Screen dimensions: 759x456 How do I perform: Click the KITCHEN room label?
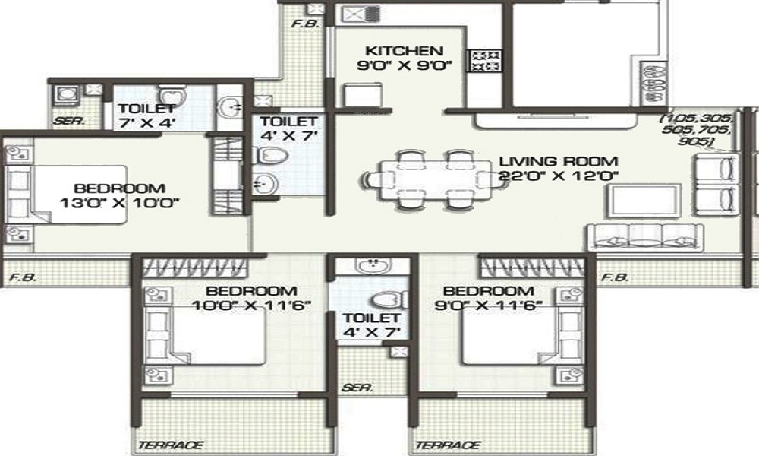pos(405,50)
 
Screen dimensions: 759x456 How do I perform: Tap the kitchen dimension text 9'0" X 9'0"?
pos(405,65)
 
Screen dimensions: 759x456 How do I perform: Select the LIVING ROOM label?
pos(559,161)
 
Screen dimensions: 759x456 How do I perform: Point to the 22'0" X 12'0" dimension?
pos(559,175)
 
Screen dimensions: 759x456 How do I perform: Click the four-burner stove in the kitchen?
pos(484,61)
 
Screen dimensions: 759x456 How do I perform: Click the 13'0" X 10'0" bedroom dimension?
pos(120,203)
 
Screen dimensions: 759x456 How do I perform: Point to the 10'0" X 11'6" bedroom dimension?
pos(251,306)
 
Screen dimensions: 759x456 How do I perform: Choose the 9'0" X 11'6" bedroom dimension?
pos(488,306)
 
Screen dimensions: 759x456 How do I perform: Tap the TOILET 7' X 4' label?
pos(147,116)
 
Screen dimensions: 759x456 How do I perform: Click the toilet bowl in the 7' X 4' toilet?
pos(173,95)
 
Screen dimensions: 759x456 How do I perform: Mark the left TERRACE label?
pos(171,445)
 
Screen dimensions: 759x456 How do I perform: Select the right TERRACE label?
pos(448,445)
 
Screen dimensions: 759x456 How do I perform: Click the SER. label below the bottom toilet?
pos(357,388)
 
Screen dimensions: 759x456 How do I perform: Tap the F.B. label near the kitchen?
pos(305,23)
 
